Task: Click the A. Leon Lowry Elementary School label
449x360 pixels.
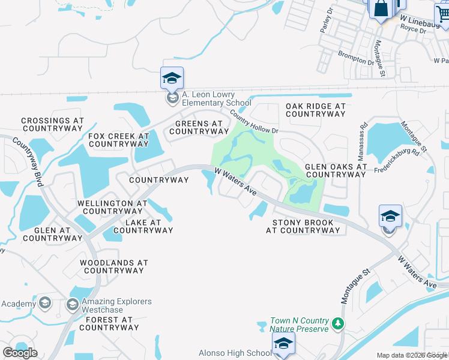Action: (x=208, y=98)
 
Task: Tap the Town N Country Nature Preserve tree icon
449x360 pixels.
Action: (x=339, y=324)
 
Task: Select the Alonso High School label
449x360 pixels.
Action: (x=235, y=353)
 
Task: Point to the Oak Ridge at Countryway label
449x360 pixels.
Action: (x=316, y=110)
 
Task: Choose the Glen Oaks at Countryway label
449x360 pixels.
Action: (x=336, y=170)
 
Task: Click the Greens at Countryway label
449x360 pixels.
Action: (x=199, y=127)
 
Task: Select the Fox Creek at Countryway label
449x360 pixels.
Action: (x=118, y=140)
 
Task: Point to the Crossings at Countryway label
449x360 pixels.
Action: (x=52, y=124)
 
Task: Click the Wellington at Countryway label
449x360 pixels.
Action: (x=112, y=207)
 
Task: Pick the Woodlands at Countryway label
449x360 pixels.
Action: (x=114, y=266)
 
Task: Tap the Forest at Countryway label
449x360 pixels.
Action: (x=109, y=323)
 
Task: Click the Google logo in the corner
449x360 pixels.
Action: (x=20, y=353)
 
